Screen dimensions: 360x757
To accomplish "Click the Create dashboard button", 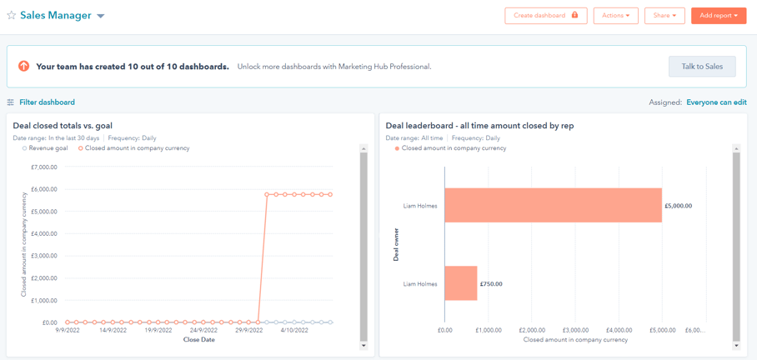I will point(545,16).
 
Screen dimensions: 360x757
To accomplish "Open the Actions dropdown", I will point(615,16).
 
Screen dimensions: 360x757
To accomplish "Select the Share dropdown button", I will point(664,16).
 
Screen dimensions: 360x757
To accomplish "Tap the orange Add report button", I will point(718,16).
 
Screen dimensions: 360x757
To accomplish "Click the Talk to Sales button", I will point(702,67).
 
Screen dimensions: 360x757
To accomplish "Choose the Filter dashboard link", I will point(47,102).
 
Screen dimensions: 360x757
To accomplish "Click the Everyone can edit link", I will point(716,102).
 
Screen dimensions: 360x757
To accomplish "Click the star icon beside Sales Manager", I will point(12,16).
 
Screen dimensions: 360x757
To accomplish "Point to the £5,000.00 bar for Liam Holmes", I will point(553,205).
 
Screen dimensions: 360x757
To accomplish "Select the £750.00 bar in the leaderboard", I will point(461,283).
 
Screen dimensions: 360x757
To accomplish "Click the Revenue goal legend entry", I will point(48,148).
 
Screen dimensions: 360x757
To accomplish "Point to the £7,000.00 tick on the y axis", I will point(43,167).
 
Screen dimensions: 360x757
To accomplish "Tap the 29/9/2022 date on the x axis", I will point(249,330).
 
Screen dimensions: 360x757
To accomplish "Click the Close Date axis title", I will point(198,340).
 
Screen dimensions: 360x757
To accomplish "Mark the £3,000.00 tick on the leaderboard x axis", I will point(575,330).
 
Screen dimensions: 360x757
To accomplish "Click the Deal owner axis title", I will point(397,244).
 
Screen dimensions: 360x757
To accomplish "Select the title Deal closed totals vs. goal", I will point(63,126).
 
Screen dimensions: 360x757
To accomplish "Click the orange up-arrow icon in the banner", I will point(23,67).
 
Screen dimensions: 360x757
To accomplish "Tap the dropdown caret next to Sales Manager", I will point(101,16).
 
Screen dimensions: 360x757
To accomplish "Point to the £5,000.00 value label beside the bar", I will point(678,206).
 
